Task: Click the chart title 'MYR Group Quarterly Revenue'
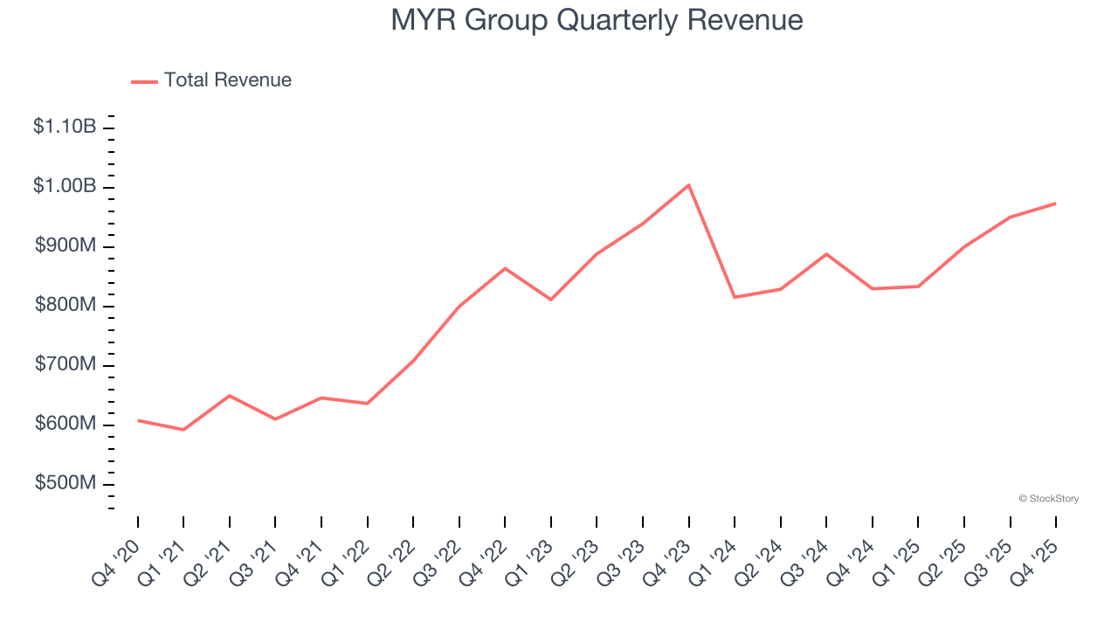[x=597, y=19]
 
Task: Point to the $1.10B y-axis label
[x=65, y=127]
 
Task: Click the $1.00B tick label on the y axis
[x=65, y=186]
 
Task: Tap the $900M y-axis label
[x=66, y=245]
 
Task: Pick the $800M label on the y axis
[x=66, y=305]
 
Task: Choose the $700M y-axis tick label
[x=66, y=364]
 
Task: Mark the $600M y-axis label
[x=66, y=424]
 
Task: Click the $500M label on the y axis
[x=66, y=483]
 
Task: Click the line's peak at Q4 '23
[x=688, y=185]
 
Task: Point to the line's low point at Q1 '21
[x=183, y=430]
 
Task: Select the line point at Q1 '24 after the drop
[x=735, y=297]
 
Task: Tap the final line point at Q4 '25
[x=1055, y=204]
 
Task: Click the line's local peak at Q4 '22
[x=505, y=268]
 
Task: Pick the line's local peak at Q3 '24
[x=826, y=254]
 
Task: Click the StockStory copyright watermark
[x=1048, y=499]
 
